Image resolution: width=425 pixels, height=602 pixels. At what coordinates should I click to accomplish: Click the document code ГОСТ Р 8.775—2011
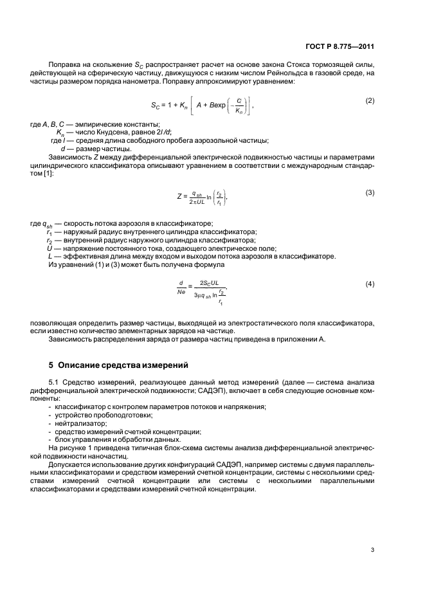pyautogui.click(x=341, y=47)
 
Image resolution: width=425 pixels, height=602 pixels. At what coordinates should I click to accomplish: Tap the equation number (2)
pyautogui.click(x=370, y=101)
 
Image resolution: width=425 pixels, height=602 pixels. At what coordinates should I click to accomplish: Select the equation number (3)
pyautogui.click(x=370, y=192)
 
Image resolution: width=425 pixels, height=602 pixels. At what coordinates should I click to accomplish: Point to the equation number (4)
pyautogui.click(x=370, y=284)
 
